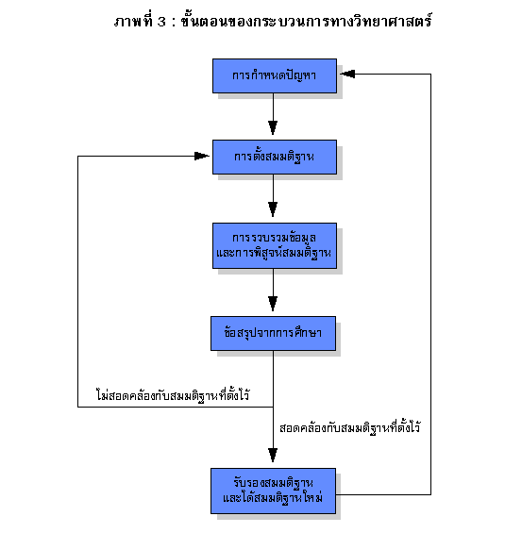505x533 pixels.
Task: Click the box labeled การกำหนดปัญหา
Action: (x=275, y=75)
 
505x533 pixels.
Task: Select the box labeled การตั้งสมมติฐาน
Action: (x=275, y=157)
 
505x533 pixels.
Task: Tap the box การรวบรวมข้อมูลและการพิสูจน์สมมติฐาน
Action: (x=275, y=246)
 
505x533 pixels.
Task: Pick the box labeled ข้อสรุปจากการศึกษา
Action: (x=273, y=333)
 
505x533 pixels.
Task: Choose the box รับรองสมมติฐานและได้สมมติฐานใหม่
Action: (x=273, y=491)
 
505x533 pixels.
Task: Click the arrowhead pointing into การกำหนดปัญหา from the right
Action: (x=347, y=74)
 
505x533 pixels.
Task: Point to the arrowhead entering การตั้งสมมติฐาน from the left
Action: (x=202, y=156)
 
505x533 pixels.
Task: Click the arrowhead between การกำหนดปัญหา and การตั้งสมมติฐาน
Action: (x=273, y=127)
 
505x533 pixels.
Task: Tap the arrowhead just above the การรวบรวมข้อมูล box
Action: (x=273, y=209)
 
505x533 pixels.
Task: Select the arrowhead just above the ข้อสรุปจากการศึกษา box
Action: (x=273, y=304)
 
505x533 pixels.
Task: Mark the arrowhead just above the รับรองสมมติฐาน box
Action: (x=273, y=455)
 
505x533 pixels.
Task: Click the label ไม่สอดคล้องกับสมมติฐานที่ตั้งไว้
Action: (x=173, y=395)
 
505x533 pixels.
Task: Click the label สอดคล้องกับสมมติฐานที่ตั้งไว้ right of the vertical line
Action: (x=349, y=427)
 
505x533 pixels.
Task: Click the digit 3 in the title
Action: (x=161, y=22)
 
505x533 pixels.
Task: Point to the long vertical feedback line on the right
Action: (x=430, y=284)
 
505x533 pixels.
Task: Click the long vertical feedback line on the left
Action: (x=78, y=281)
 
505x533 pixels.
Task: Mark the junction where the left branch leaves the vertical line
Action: (x=273, y=407)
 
